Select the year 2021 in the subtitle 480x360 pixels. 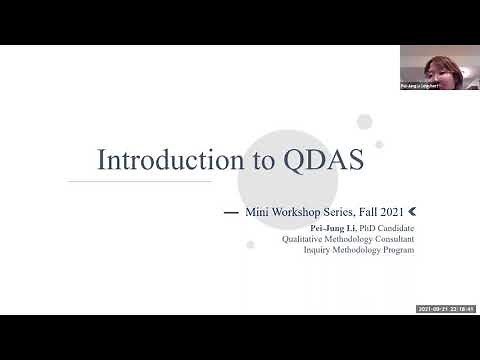392,213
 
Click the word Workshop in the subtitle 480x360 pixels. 291,213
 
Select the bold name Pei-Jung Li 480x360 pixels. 332,227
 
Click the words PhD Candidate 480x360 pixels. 385,227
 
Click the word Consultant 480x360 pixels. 391,238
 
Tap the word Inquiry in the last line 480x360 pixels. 319,249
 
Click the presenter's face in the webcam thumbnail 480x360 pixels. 438,68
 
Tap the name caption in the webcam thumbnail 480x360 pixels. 420,87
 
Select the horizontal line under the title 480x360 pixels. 140,181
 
